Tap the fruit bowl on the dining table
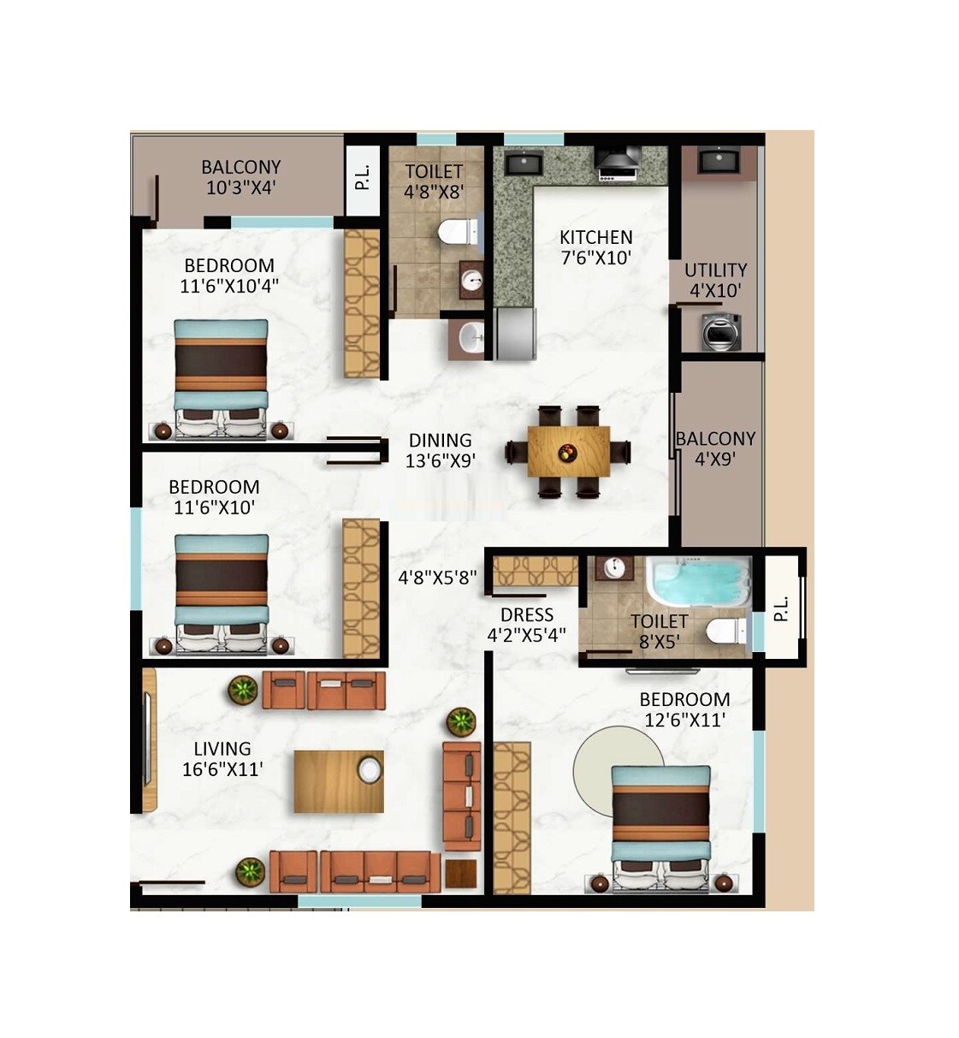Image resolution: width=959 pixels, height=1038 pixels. tap(566, 451)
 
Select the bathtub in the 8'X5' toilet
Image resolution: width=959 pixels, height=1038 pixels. tap(697, 582)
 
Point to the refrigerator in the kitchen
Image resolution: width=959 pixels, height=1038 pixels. tap(515, 333)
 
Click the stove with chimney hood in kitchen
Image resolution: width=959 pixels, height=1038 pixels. tap(618, 163)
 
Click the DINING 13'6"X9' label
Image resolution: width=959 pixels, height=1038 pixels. tap(440, 450)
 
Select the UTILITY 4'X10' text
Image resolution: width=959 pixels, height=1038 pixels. tap(715, 280)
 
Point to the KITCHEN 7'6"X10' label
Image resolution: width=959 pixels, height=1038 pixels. tap(595, 247)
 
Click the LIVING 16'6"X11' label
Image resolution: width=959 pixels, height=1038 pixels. tap(222, 759)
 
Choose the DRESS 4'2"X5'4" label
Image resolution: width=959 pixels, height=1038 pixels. tap(526, 625)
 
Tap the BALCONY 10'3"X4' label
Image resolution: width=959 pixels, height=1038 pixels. tap(240, 177)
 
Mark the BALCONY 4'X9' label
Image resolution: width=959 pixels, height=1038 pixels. tap(715, 448)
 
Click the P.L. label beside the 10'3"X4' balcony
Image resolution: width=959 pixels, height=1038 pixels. tap(364, 177)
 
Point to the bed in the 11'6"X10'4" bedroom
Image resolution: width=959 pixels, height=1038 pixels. tap(222, 377)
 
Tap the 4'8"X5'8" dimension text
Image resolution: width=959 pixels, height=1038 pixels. tap(437, 578)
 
